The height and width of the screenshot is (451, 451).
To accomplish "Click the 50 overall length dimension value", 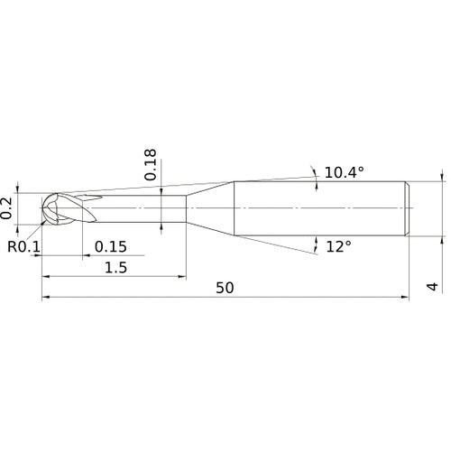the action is click(x=225, y=288).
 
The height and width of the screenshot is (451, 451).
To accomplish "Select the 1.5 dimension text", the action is click(x=115, y=267).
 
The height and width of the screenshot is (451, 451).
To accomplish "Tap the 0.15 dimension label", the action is click(x=111, y=246).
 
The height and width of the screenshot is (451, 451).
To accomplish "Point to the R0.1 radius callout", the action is click(x=23, y=247).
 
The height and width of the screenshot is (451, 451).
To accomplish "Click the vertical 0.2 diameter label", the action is click(x=6, y=208).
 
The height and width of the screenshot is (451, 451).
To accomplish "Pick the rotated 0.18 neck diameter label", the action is click(x=151, y=164).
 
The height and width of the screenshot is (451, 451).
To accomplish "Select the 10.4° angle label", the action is click(x=345, y=172).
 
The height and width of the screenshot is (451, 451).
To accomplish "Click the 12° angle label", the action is click(x=338, y=247).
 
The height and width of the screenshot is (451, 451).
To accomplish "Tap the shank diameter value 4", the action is click(x=432, y=287).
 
